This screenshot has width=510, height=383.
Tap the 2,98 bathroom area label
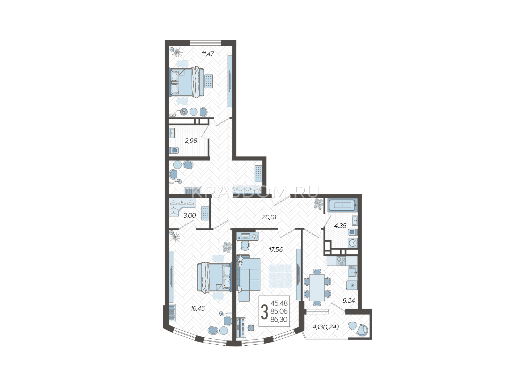coord(191,141)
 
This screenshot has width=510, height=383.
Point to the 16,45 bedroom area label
coord(198,308)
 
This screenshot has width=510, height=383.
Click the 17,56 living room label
coord(276,250)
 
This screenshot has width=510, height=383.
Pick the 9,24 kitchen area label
coord(348,300)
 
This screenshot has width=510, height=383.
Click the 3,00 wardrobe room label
coord(189,215)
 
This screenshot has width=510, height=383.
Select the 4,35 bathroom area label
coord(340,226)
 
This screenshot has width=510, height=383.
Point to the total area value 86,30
coord(279,319)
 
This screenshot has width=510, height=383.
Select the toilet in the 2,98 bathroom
coord(174,150)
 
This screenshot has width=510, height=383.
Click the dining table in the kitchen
coord(317,288)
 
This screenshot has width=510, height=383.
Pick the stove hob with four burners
coord(341,261)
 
